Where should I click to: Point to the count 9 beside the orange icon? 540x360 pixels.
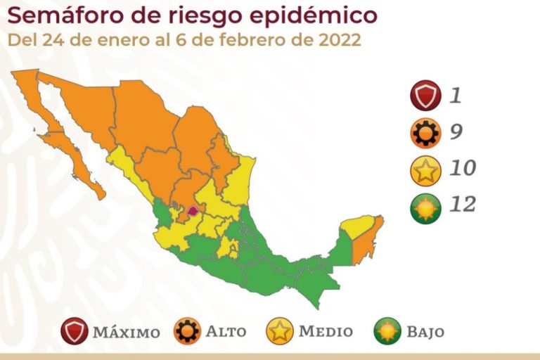pyautogui.click(x=456, y=131)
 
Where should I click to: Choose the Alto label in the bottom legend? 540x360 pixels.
pyautogui.click(x=227, y=331)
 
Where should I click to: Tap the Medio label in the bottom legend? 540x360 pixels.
pyautogui.click(x=326, y=331)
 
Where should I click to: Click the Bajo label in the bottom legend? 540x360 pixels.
pyautogui.click(x=424, y=331)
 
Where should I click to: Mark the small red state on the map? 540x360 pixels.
pyautogui.click(x=192, y=210)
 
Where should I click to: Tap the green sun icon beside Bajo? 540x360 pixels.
pyautogui.click(x=387, y=330)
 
